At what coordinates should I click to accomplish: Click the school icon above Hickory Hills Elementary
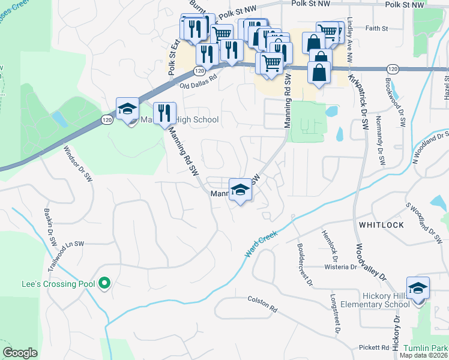coord(418,289)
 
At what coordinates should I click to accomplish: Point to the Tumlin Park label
coord(426,348)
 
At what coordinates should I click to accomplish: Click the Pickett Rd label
coord(376,347)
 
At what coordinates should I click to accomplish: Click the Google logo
coord(20,352)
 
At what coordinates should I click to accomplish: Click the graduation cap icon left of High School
coord(127,109)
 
